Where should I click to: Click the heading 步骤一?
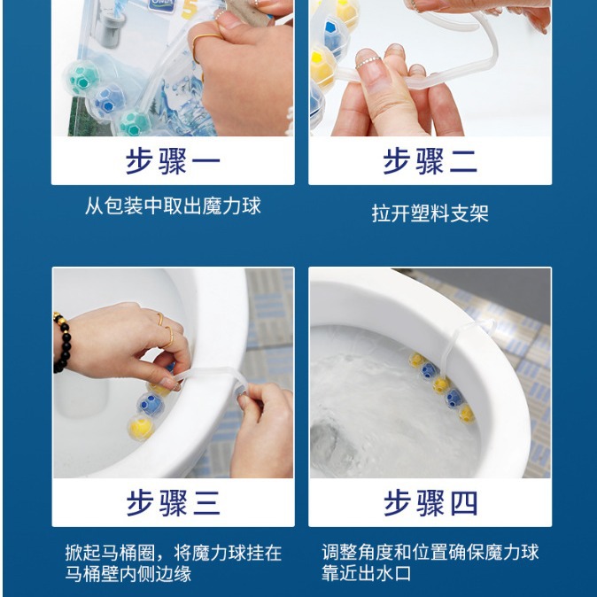pyautogui.click(x=173, y=162)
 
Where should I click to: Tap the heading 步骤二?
pyautogui.click(x=430, y=162)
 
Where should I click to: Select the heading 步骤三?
pyautogui.click(x=173, y=503)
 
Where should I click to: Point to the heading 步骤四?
pyautogui.click(x=430, y=503)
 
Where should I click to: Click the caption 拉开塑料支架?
pyautogui.click(x=430, y=213)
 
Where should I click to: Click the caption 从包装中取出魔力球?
pyautogui.click(x=173, y=207)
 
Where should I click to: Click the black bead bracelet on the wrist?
pyautogui.click(x=61, y=341)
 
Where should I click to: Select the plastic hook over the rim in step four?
pyautogui.click(x=474, y=330)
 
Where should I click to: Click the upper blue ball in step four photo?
pyautogui.click(x=429, y=369)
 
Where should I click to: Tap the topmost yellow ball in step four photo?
pyautogui.click(x=416, y=360)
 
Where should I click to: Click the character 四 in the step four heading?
pyautogui.click(x=463, y=503)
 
